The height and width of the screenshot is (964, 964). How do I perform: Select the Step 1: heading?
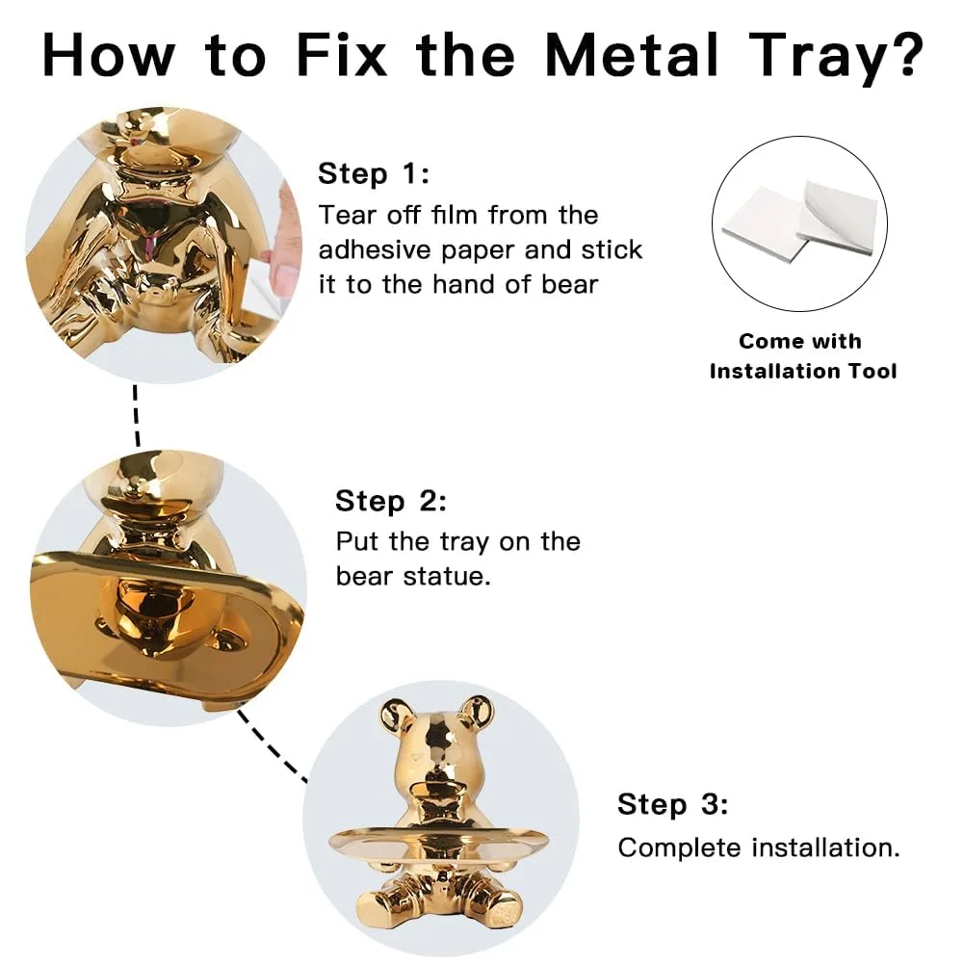374,174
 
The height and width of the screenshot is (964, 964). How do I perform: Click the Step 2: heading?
391,501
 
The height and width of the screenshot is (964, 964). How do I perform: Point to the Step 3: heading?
673,804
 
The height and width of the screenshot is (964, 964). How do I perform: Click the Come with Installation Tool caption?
803,355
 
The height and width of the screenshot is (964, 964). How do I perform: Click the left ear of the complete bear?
397,714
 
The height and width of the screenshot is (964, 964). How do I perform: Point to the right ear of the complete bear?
474,714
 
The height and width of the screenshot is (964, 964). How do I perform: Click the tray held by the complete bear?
438,846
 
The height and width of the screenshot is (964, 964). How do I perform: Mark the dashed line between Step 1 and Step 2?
137,415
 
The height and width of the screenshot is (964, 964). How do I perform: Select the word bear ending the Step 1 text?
567,284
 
